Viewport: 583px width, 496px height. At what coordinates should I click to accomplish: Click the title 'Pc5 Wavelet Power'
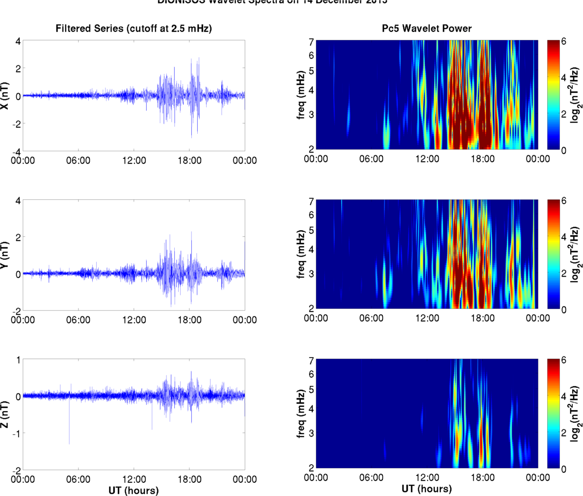click(x=426, y=28)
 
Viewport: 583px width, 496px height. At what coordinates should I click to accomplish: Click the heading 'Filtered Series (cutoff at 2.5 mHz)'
click(x=133, y=28)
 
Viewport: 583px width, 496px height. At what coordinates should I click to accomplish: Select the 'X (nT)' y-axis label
click(x=6, y=96)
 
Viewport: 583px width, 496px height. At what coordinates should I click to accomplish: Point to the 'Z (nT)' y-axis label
click(x=6, y=415)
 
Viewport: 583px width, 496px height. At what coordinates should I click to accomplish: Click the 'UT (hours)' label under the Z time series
click(x=133, y=490)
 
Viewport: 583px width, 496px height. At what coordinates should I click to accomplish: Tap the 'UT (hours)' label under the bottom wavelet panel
click(x=426, y=489)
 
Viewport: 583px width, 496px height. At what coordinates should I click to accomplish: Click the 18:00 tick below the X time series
click(x=189, y=160)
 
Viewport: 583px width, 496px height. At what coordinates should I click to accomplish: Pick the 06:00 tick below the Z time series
click(x=78, y=479)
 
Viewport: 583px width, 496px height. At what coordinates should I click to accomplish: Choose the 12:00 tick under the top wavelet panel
click(x=427, y=159)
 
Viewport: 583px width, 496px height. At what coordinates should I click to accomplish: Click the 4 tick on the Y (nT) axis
click(x=18, y=200)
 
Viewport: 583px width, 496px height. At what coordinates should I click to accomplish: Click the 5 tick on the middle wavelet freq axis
click(x=310, y=230)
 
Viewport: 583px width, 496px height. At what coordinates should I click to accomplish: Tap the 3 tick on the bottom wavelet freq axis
click(x=310, y=433)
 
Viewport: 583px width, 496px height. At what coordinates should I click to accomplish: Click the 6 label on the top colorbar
click(x=563, y=42)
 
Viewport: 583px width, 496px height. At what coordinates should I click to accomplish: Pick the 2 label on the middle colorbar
click(x=563, y=273)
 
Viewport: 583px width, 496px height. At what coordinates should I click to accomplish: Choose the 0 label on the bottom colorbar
click(x=563, y=469)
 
